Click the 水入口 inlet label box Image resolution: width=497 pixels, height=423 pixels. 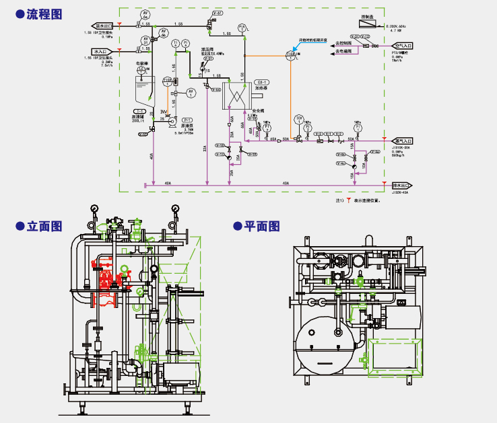(x=101, y=51)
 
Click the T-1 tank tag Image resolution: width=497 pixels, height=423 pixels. (x=141, y=110)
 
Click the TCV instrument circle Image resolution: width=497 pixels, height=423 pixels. (x=299, y=119)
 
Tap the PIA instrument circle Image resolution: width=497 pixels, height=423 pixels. (x=243, y=29)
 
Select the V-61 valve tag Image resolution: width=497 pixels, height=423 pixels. (x=217, y=13)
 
